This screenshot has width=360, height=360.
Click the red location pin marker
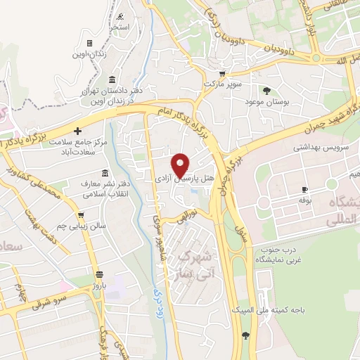coord(181,165)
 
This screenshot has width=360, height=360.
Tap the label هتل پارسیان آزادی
coord(180,181)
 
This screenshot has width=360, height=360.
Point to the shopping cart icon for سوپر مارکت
coord(222,72)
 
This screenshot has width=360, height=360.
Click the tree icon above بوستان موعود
coord(266,90)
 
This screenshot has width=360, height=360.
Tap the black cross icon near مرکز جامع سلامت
coord(78,131)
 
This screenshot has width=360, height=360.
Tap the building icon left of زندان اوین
coord(89,43)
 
